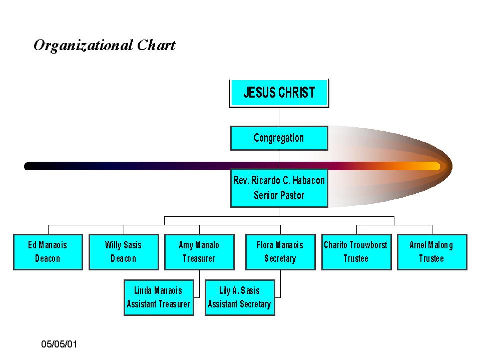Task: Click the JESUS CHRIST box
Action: pyautogui.click(x=279, y=93)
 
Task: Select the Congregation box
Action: pyautogui.click(x=279, y=138)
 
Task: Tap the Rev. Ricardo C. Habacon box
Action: pyautogui.click(x=279, y=188)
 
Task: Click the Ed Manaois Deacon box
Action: pyautogui.click(x=48, y=252)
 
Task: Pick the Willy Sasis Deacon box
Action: pyautogui.click(x=124, y=252)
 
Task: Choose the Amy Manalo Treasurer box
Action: pyautogui.click(x=199, y=252)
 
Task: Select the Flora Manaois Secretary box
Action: pyautogui.click(x=280, y=252)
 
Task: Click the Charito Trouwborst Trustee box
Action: pyautogui.click(x=356, y=252)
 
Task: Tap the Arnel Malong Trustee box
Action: pyautogui.click(x=432, y=252)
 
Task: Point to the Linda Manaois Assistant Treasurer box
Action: pyautogui.click(x=159, y=297)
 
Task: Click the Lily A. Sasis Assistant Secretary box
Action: pyautogui.click(x=240, y=297)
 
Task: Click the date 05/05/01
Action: pyautogui.click(x=59, y=344)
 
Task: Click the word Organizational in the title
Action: pyautogui.click(x=83, y=45)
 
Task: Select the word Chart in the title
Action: pyautogui.click(x=156, y=45)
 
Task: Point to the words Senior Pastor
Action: pyautogui.click(x=279, y=195)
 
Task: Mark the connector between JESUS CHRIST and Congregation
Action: pyautogui.click(x=279, y=117)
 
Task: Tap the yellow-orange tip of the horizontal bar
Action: pyautogui.click(x=434, y=166)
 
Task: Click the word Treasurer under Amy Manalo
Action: pyautogui.click(x=199, y=259)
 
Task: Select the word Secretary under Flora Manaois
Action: pyautogui.click(x=280, y=259)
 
